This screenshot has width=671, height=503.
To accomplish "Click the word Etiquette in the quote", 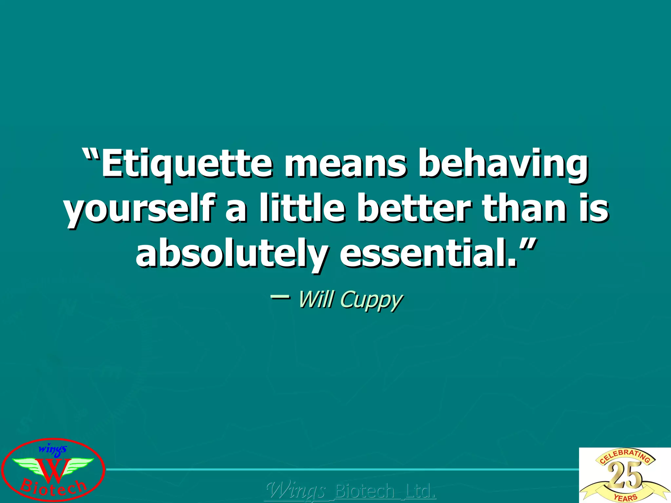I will coord(186,164).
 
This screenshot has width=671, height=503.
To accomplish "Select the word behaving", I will coord(503,164).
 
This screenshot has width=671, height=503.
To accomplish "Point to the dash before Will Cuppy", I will coord(280,297).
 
